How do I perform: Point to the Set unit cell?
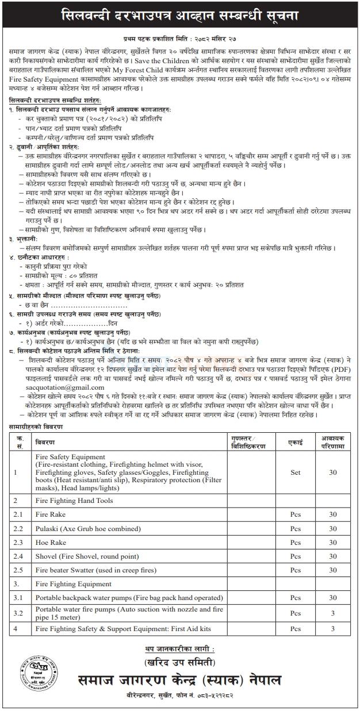295,473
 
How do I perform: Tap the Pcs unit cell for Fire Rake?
295,513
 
